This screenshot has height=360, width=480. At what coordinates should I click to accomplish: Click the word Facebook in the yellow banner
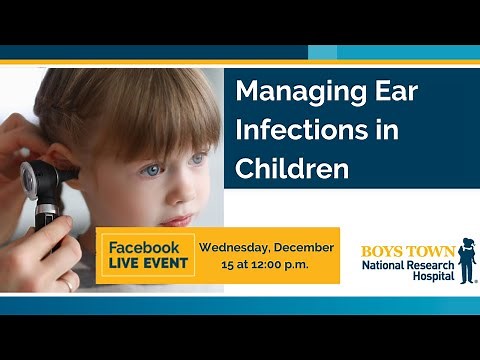click(143, 247)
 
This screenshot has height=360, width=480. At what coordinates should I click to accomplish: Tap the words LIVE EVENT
click(143, 265)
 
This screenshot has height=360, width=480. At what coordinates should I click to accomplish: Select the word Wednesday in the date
click(238, 247)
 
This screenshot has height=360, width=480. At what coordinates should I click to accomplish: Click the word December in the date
click(307, 247)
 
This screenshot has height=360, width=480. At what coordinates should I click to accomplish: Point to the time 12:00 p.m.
click(282, 265)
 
